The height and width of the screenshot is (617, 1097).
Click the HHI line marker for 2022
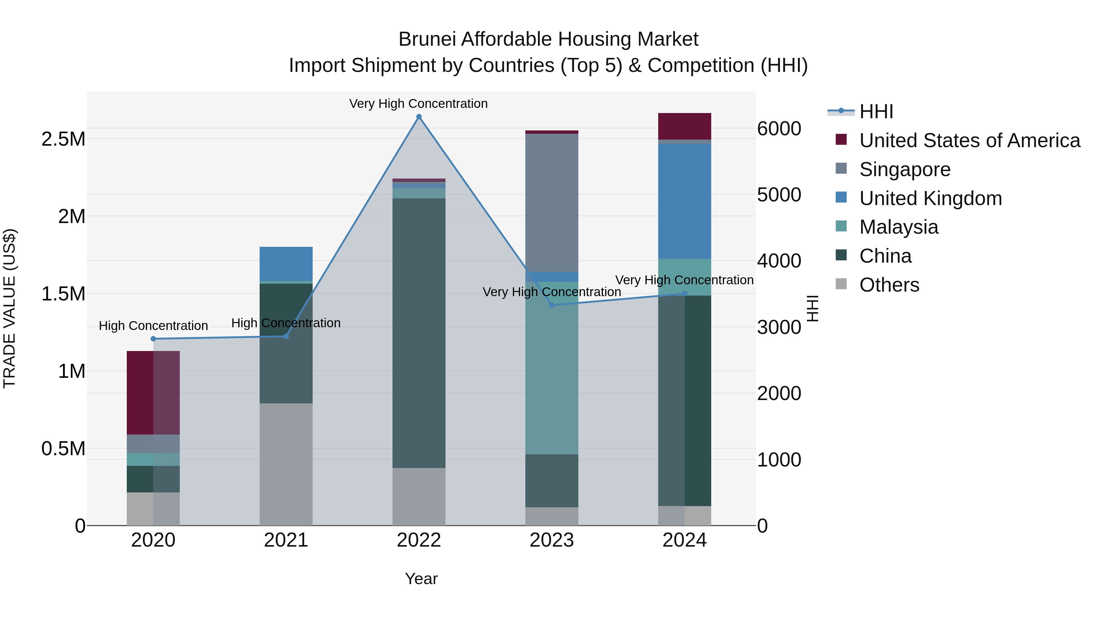(x=419, y=117)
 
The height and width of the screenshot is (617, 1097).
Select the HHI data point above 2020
(x=153, y=339)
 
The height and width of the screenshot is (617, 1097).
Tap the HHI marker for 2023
(x=552, y=305)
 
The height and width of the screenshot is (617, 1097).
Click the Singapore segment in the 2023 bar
(x=552, y=203)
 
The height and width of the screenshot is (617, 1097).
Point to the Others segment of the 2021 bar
(x=286, y=464)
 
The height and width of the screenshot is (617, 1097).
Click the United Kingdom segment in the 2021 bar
(x=286, y=264)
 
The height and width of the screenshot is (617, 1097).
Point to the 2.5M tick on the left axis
(x=63, y=139)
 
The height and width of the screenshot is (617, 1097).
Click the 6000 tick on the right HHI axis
(x=779, y=129)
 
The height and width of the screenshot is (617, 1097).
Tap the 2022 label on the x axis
(x=419, y=540)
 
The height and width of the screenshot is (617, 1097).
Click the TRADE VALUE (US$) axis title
(x=9, y=308)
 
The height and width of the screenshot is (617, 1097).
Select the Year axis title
(x=421, y=579)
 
